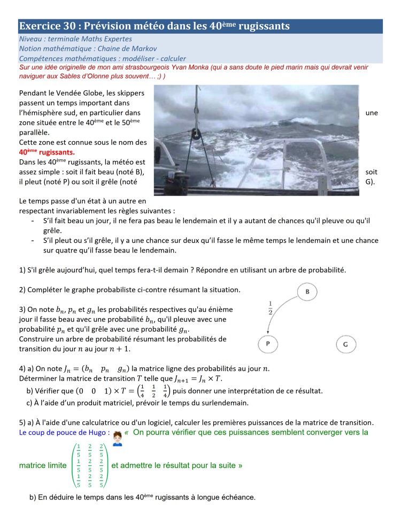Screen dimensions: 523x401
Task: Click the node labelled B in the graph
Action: click(x=307, y=291)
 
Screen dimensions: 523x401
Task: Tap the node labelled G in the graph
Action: click(x=345, y=344)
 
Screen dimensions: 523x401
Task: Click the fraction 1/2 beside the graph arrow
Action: click(x=271, y=309)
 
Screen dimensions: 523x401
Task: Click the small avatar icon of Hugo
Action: click(x=118, y=439)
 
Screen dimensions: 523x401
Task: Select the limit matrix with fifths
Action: click(x=90, y=465)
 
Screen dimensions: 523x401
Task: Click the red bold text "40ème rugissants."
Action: click(x=47, y=152)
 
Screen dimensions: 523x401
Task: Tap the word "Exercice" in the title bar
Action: click(x=41, y=26)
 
